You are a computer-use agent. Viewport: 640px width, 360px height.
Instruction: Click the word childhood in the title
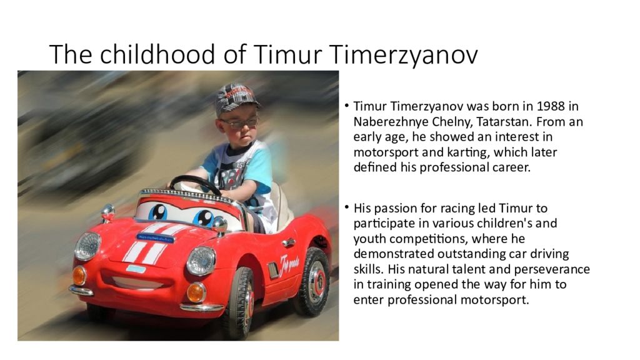tap(157, 54)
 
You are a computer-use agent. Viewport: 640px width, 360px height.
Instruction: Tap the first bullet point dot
tap(346, 105)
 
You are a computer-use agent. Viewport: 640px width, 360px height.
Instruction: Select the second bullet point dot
tap(346, 207)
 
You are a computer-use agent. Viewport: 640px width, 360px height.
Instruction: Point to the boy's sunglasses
tap(239, 122)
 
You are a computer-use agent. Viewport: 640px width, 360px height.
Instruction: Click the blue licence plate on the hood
tap(155, 238)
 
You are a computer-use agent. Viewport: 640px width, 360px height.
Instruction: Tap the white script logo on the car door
tap(289, 264)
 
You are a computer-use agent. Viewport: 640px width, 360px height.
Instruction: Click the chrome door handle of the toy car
tap(289, 242)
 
